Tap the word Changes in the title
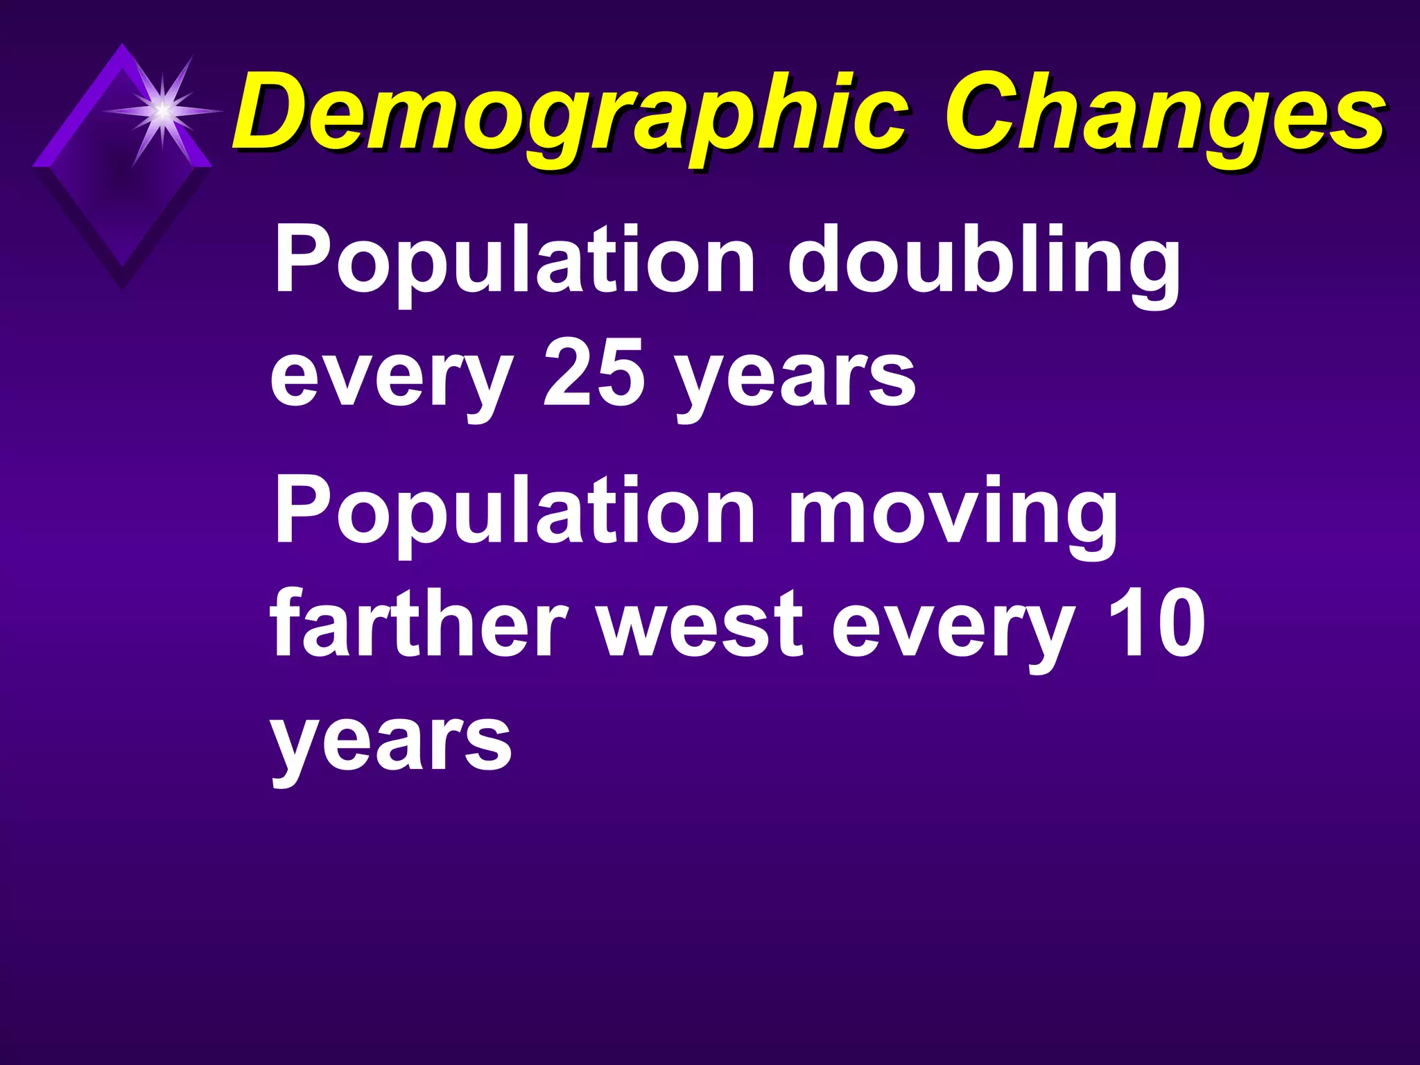click(x=1165, y=114)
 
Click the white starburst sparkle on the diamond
click(x=162, y=110)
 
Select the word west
click(x=700, y=623)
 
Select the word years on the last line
click(x=392, y=742)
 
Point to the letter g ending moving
click(x=1086, y=523)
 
